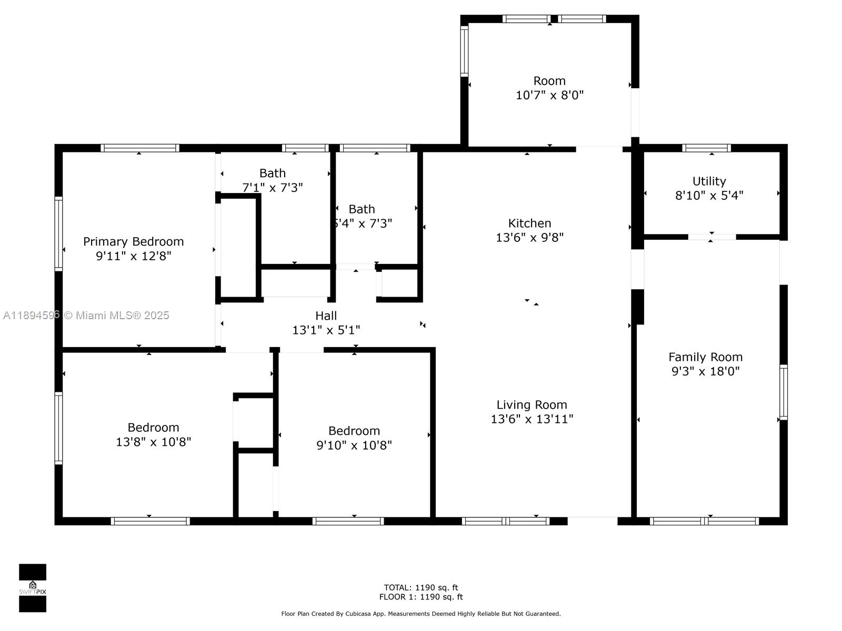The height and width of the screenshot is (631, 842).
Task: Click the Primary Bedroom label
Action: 134,242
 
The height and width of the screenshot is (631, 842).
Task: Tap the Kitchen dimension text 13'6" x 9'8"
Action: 530,238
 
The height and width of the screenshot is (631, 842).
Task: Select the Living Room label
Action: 532,404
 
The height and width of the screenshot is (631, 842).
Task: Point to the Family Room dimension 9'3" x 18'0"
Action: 706,371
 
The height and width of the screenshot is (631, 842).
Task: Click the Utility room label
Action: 709,181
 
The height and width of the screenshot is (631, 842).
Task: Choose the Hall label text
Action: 326,315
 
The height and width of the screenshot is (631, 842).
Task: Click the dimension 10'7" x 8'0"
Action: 550,95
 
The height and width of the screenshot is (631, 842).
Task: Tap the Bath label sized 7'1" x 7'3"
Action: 273,173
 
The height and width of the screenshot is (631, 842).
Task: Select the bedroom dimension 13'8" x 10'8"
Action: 154,442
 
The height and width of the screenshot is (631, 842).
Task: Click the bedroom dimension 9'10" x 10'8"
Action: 354,445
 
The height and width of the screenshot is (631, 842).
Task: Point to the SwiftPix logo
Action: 33,588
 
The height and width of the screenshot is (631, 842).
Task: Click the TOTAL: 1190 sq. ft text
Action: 421,587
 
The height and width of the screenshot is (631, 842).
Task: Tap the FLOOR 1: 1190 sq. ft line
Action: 421,597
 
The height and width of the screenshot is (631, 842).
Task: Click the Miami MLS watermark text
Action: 86,315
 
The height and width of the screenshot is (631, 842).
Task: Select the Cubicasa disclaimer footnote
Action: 421,614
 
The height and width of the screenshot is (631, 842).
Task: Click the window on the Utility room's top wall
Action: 707,148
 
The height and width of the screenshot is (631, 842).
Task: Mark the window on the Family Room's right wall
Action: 784,392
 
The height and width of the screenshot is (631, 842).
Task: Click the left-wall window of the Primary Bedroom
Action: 58,233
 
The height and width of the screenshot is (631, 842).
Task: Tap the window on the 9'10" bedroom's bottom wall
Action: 348,521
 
